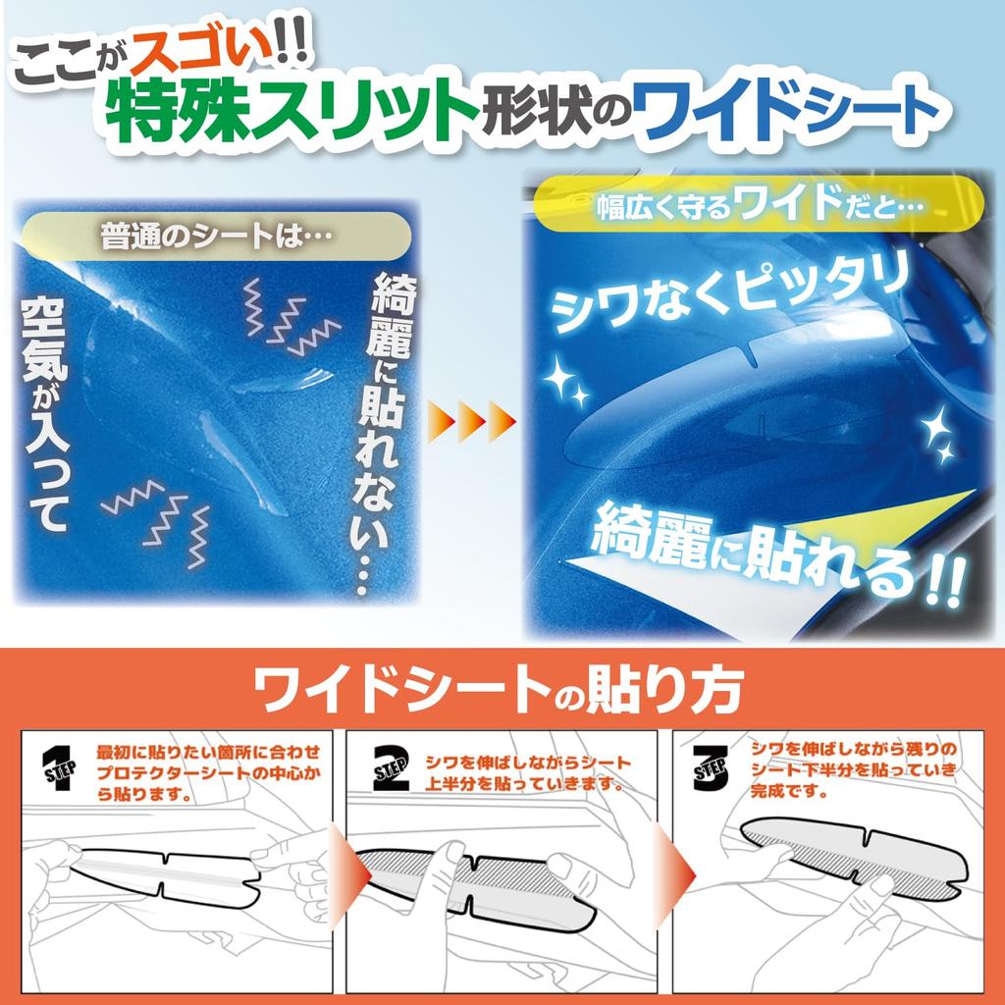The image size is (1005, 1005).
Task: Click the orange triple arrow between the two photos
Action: tap(471, 420)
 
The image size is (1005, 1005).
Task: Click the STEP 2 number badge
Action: tap(390, 767)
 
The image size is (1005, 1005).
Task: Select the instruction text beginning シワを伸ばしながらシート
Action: tap(526, 772)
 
